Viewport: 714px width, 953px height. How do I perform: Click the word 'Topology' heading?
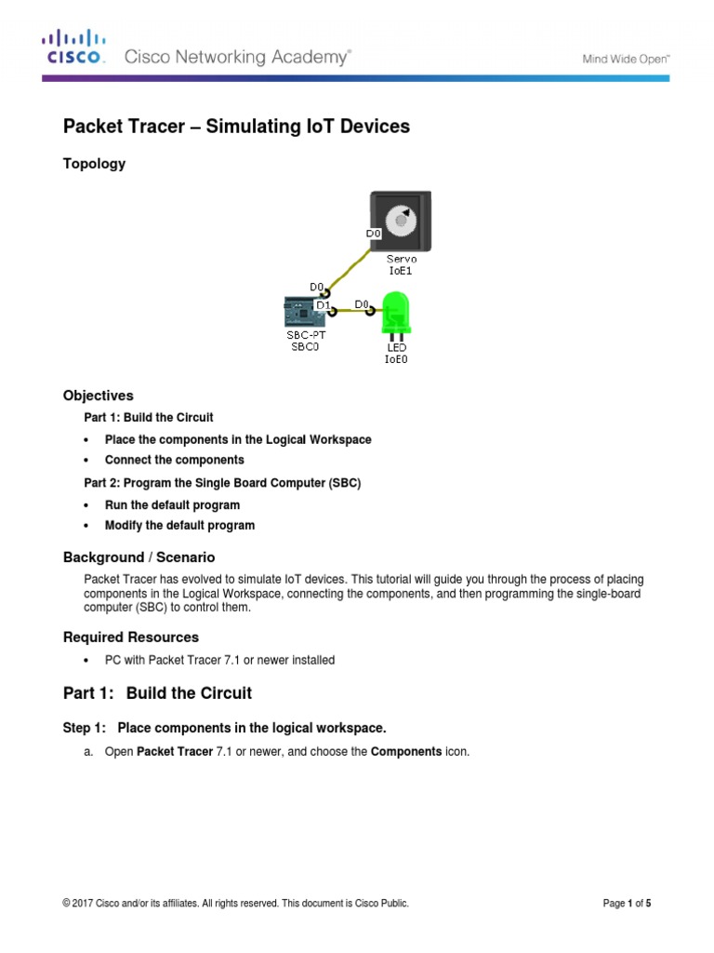93,164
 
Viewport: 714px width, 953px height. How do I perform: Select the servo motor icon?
403,220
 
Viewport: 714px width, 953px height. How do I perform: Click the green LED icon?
396,313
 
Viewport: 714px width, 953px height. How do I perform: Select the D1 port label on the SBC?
324,304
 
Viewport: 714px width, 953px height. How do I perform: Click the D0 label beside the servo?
375,233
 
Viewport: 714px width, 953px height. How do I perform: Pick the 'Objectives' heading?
98,396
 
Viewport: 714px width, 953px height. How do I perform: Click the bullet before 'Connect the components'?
86,461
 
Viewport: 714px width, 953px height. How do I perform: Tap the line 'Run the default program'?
172,505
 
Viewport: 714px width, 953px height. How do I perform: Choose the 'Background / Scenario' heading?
139,557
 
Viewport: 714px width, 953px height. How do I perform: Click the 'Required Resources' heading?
130,638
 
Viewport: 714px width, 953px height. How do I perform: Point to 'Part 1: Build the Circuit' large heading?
157,693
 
